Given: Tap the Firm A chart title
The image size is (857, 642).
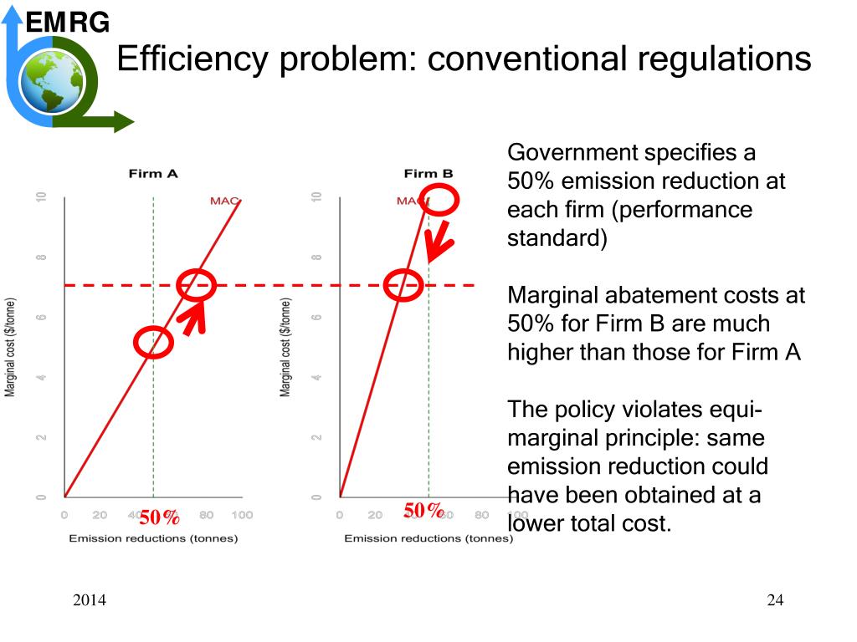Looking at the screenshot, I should pos(153,174).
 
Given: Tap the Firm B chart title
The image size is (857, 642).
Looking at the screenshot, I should pos(428,174).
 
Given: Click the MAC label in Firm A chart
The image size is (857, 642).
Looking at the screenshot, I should pos(224,201).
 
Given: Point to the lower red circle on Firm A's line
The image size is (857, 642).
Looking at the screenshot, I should pos(153,341).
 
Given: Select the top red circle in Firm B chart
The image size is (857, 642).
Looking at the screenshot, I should pos(438,200).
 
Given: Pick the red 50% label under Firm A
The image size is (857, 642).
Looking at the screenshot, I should pos(159,517).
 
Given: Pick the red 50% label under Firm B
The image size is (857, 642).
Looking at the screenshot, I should pos(423,511).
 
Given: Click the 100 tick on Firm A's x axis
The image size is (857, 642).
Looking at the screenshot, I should pos(242,516).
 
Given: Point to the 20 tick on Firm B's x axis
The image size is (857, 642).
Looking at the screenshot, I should pos(375,516).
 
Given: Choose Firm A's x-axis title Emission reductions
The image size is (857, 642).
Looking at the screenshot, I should pos(153,538).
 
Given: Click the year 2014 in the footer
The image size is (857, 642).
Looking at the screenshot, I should pos(90,600).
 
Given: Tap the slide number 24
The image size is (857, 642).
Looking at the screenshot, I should pos(775,600).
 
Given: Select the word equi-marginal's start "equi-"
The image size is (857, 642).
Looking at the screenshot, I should pos(731,410).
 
